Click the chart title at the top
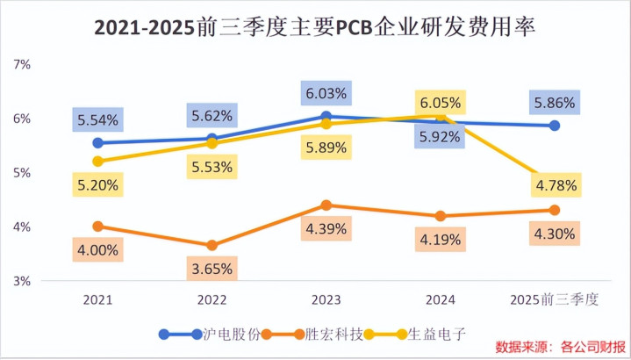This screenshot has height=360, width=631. coord(315,28)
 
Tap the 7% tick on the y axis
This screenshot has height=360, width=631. coord(21,64)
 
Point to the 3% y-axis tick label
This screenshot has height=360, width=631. coord(21,281)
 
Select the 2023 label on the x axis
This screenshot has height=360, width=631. coord(326,300)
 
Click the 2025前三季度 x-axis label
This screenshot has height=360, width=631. coord(554,300)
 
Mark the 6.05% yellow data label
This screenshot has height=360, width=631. coord(440,102)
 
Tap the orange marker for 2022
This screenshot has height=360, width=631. coord(212,245)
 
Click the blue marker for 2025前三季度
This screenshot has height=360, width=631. coord(554,126)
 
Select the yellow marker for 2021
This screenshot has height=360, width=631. coord(98,162)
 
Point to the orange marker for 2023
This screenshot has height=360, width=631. coord(326,205)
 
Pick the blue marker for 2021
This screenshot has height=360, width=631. coord(98,143)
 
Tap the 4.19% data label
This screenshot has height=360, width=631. coord(440,238)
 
